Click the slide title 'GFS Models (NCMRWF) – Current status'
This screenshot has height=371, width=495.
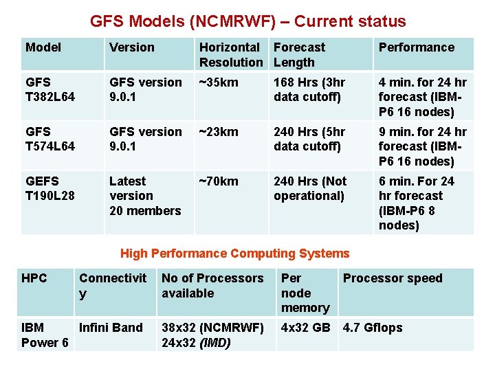tap(247, 21)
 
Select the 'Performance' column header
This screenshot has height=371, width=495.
tap(416, 47)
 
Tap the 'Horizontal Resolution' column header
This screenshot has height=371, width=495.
tap(231, 55)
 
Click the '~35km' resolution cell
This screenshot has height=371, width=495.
tap(219, 82)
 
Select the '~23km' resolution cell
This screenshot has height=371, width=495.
tap(219, 132)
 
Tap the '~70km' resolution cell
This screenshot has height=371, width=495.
tap(219, 181)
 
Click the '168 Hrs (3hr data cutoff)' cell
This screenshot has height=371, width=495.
tap(309, 89)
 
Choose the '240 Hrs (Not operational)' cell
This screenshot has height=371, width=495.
tap(310, 188)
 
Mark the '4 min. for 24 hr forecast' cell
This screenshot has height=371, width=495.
tap(422, 97)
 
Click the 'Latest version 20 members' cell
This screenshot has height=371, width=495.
tap(144, 196)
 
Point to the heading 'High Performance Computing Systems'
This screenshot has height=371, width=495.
tap(235, 254)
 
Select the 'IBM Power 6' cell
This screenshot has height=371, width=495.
tap(45, 335)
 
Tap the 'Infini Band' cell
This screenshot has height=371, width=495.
tap(111, 328)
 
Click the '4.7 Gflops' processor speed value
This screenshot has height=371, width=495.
tap(373, 328)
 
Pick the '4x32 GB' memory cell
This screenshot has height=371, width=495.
tap(305, 328)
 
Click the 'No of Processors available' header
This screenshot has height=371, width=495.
tap(212, 286)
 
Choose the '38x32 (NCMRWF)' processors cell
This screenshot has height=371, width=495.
tap(212, 328)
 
